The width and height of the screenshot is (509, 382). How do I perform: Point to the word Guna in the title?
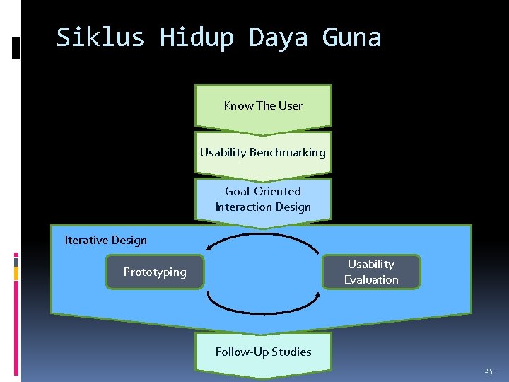[351, 37]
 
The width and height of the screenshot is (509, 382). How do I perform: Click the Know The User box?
[263, 106]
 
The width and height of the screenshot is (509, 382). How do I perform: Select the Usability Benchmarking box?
[263, 152]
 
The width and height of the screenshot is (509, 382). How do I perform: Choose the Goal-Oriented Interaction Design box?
[263, 199]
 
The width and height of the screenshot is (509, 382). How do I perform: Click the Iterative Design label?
[106, 241]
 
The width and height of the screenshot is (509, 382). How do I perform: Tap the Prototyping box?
[155, 272]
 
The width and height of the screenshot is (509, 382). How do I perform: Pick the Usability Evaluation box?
[371, 272]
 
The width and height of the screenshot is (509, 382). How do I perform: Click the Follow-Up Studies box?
[263, 352]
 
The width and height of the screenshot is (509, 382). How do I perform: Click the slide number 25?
[488, 371]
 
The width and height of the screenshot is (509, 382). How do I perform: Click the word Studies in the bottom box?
[291, 352]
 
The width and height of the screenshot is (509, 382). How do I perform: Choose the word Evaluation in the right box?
[371, 279]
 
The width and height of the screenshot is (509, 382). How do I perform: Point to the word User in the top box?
[291, 106]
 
